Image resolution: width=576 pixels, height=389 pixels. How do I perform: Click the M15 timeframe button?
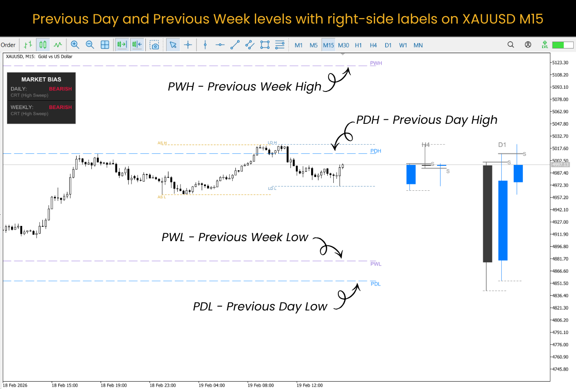[329, 45]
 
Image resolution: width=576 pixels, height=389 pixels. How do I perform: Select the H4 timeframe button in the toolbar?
[373, 45]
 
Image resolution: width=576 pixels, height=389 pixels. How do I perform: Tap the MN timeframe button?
[418, 45]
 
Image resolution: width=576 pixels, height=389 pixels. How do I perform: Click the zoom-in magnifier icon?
[75, 45]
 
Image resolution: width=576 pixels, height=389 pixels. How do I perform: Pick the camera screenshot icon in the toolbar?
[155, 45]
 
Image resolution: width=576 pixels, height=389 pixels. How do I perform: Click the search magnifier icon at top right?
[510, 45]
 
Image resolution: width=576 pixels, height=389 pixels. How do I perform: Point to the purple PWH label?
[376, 63]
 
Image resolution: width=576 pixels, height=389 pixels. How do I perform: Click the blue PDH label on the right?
[376, 151]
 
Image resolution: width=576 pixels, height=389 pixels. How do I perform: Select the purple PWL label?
[376, 264]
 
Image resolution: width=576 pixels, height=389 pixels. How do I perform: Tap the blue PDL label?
[376, 284]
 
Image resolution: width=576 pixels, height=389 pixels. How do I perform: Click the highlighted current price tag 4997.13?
[560, 164]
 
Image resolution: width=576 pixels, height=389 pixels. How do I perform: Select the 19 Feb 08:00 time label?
[261, 385]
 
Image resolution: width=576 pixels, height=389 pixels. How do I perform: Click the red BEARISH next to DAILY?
[60, 89]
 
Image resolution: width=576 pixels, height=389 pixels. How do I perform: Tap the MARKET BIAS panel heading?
[41, 79]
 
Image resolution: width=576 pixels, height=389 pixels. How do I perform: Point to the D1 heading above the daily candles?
[502, 145]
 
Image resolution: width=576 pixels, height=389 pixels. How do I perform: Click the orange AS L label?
[162, 197]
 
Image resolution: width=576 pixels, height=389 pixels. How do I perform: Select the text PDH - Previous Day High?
[427, 120]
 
